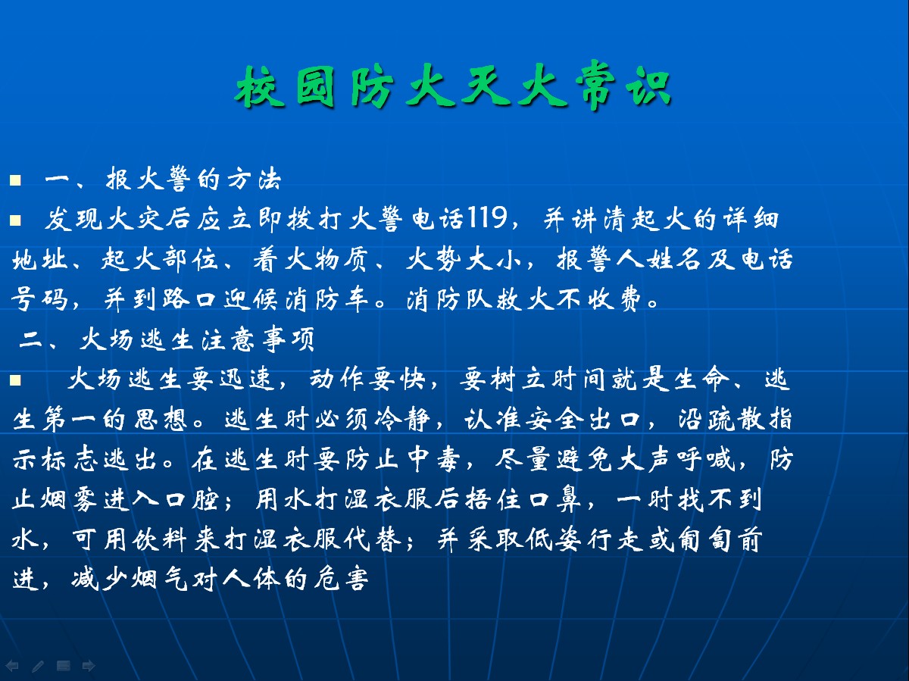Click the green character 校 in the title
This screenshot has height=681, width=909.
(x=261, y=87)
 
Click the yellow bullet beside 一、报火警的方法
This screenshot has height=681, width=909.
(x=15, y=180)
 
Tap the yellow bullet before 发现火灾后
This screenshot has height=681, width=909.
(x=15, y=220)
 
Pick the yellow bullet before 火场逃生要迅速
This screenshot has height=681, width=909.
(x=15, y=380)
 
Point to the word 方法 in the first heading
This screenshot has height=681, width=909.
(x=255, y=180)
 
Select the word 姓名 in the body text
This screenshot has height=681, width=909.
(x=673, y=260)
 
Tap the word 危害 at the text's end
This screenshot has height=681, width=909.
(x=341, y=579)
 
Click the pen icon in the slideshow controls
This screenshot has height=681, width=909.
(x=38, y=666)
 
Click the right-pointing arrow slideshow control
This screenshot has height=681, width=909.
(x=89, y=666)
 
